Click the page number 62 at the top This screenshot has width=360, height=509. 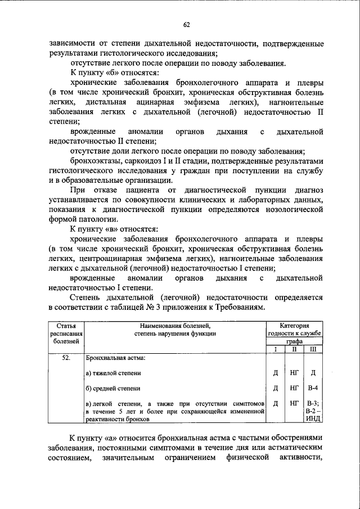[x=186, y=24]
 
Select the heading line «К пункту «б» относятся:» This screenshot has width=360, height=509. [x=114, y=73]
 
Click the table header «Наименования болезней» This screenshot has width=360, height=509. [x=175, y=326]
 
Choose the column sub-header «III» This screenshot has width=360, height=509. [x=313, y=350]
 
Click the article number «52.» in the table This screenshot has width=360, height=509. [x=66, y=358]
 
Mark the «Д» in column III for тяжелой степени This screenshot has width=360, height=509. [x=313, y=373]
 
